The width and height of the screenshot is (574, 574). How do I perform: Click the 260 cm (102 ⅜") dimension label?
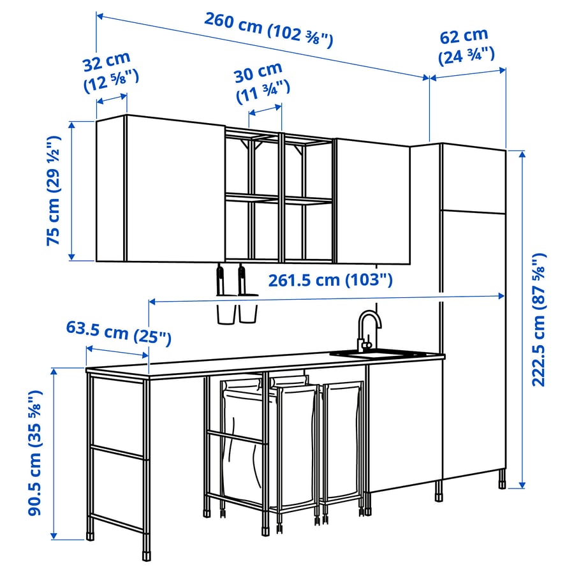(x=269, y=31)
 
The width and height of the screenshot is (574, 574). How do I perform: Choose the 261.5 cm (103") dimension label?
(x=330, y=280)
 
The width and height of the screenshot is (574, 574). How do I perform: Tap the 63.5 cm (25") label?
(x=119, y=332)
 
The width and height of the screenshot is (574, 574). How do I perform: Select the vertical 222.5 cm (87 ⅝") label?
(x=540, y=320)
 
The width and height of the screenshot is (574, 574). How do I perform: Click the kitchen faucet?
(x=368, y=328)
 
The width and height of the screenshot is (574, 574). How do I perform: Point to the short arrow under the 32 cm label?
(x=112, y=98)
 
